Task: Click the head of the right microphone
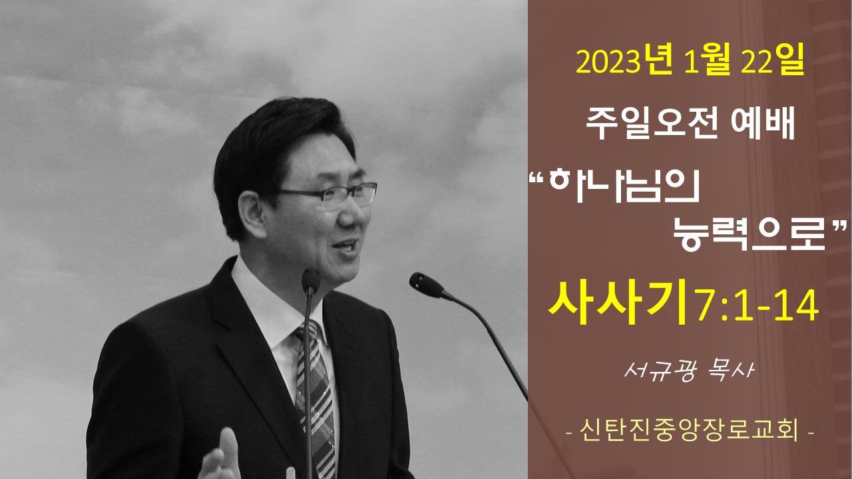tap(426, 285)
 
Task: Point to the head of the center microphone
tap(311, 281)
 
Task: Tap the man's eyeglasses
tap(327, 195)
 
